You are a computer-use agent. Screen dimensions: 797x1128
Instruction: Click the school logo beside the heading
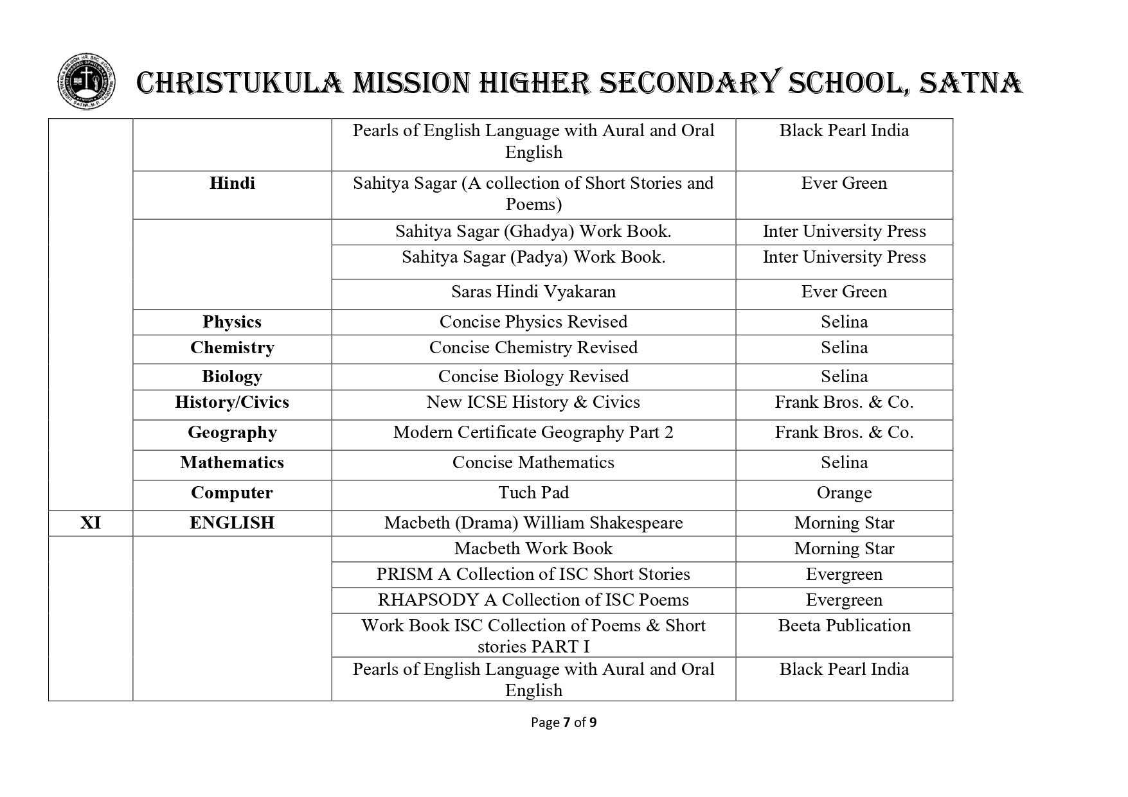87,82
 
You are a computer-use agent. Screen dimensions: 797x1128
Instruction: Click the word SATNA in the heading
971,83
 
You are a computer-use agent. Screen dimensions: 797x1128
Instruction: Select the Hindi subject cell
232,184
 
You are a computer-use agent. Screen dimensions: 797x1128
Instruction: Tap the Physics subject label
232,322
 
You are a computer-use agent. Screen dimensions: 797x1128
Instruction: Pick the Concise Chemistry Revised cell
533,347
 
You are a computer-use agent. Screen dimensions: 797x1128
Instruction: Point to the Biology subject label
232,376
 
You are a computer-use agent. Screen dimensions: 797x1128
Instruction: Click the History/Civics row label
232,403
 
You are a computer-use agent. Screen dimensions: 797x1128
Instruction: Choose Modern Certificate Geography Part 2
533,433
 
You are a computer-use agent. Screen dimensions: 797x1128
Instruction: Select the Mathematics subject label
232,463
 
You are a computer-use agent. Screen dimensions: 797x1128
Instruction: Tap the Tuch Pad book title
533,493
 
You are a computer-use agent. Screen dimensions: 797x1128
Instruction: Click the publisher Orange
844,493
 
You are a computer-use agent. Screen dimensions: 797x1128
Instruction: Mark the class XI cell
91,523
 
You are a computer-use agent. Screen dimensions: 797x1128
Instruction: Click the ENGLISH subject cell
232,523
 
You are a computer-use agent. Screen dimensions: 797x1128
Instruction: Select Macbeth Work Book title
533,549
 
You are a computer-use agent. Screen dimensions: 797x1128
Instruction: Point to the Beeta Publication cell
844,626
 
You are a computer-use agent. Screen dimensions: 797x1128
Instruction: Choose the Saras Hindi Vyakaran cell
533,292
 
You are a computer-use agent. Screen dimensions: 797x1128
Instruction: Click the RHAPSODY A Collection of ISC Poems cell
533,600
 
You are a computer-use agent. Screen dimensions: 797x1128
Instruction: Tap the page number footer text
564,723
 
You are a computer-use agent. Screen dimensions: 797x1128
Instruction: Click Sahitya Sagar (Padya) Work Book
533,258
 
